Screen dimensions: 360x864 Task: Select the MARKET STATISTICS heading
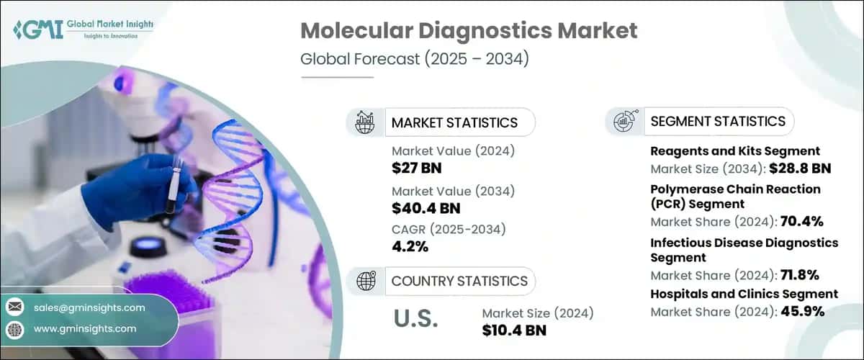point(454,122)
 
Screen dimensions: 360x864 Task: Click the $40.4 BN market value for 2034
point(425,209)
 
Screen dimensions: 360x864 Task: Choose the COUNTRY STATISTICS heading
point(459,281)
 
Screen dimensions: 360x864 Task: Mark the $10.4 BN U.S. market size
point(514,330)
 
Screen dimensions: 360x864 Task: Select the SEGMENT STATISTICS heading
point(717,121)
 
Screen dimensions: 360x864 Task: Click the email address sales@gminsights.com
point(89,307)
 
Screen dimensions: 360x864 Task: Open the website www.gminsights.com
point(85,328)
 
